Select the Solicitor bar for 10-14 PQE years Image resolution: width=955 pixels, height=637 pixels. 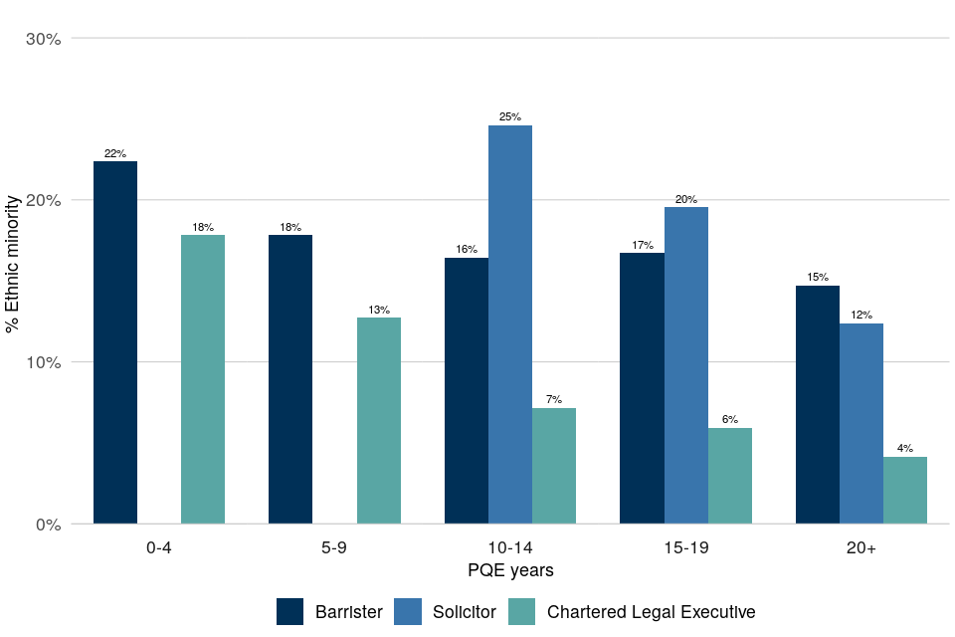pos(510,323)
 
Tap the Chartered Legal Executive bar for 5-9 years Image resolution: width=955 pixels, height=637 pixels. pos(379,420)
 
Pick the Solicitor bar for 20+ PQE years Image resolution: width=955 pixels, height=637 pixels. pos(861,423)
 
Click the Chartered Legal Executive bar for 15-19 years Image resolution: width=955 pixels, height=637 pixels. pos(730,475)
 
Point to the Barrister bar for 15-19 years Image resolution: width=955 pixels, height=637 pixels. pos(642,387)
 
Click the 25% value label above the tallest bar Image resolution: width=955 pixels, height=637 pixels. pos(510,117)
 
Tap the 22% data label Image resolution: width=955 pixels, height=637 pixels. pos(115,153)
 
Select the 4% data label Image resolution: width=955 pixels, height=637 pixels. pos(905,449)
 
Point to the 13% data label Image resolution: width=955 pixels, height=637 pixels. pos(379,310)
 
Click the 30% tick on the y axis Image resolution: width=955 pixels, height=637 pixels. pos(44,39)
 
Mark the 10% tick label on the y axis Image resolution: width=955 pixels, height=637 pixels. pos(44,362)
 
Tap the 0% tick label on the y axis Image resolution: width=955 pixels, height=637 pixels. pos(49,525)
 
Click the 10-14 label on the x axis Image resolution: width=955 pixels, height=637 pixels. pos(510,548)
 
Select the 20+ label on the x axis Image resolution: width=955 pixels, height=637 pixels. pos(861,548)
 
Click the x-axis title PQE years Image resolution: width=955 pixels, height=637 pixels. pos(510,571)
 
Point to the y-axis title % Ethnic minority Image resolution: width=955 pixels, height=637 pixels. pos(14,281)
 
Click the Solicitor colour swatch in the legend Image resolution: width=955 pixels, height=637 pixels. pos(409,611)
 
